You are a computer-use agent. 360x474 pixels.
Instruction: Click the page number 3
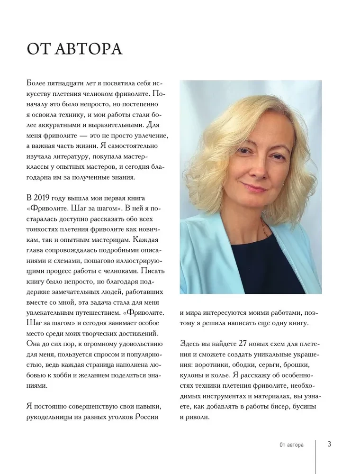click(329, 444)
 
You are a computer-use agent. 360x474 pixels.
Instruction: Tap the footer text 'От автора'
click(292, 445)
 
